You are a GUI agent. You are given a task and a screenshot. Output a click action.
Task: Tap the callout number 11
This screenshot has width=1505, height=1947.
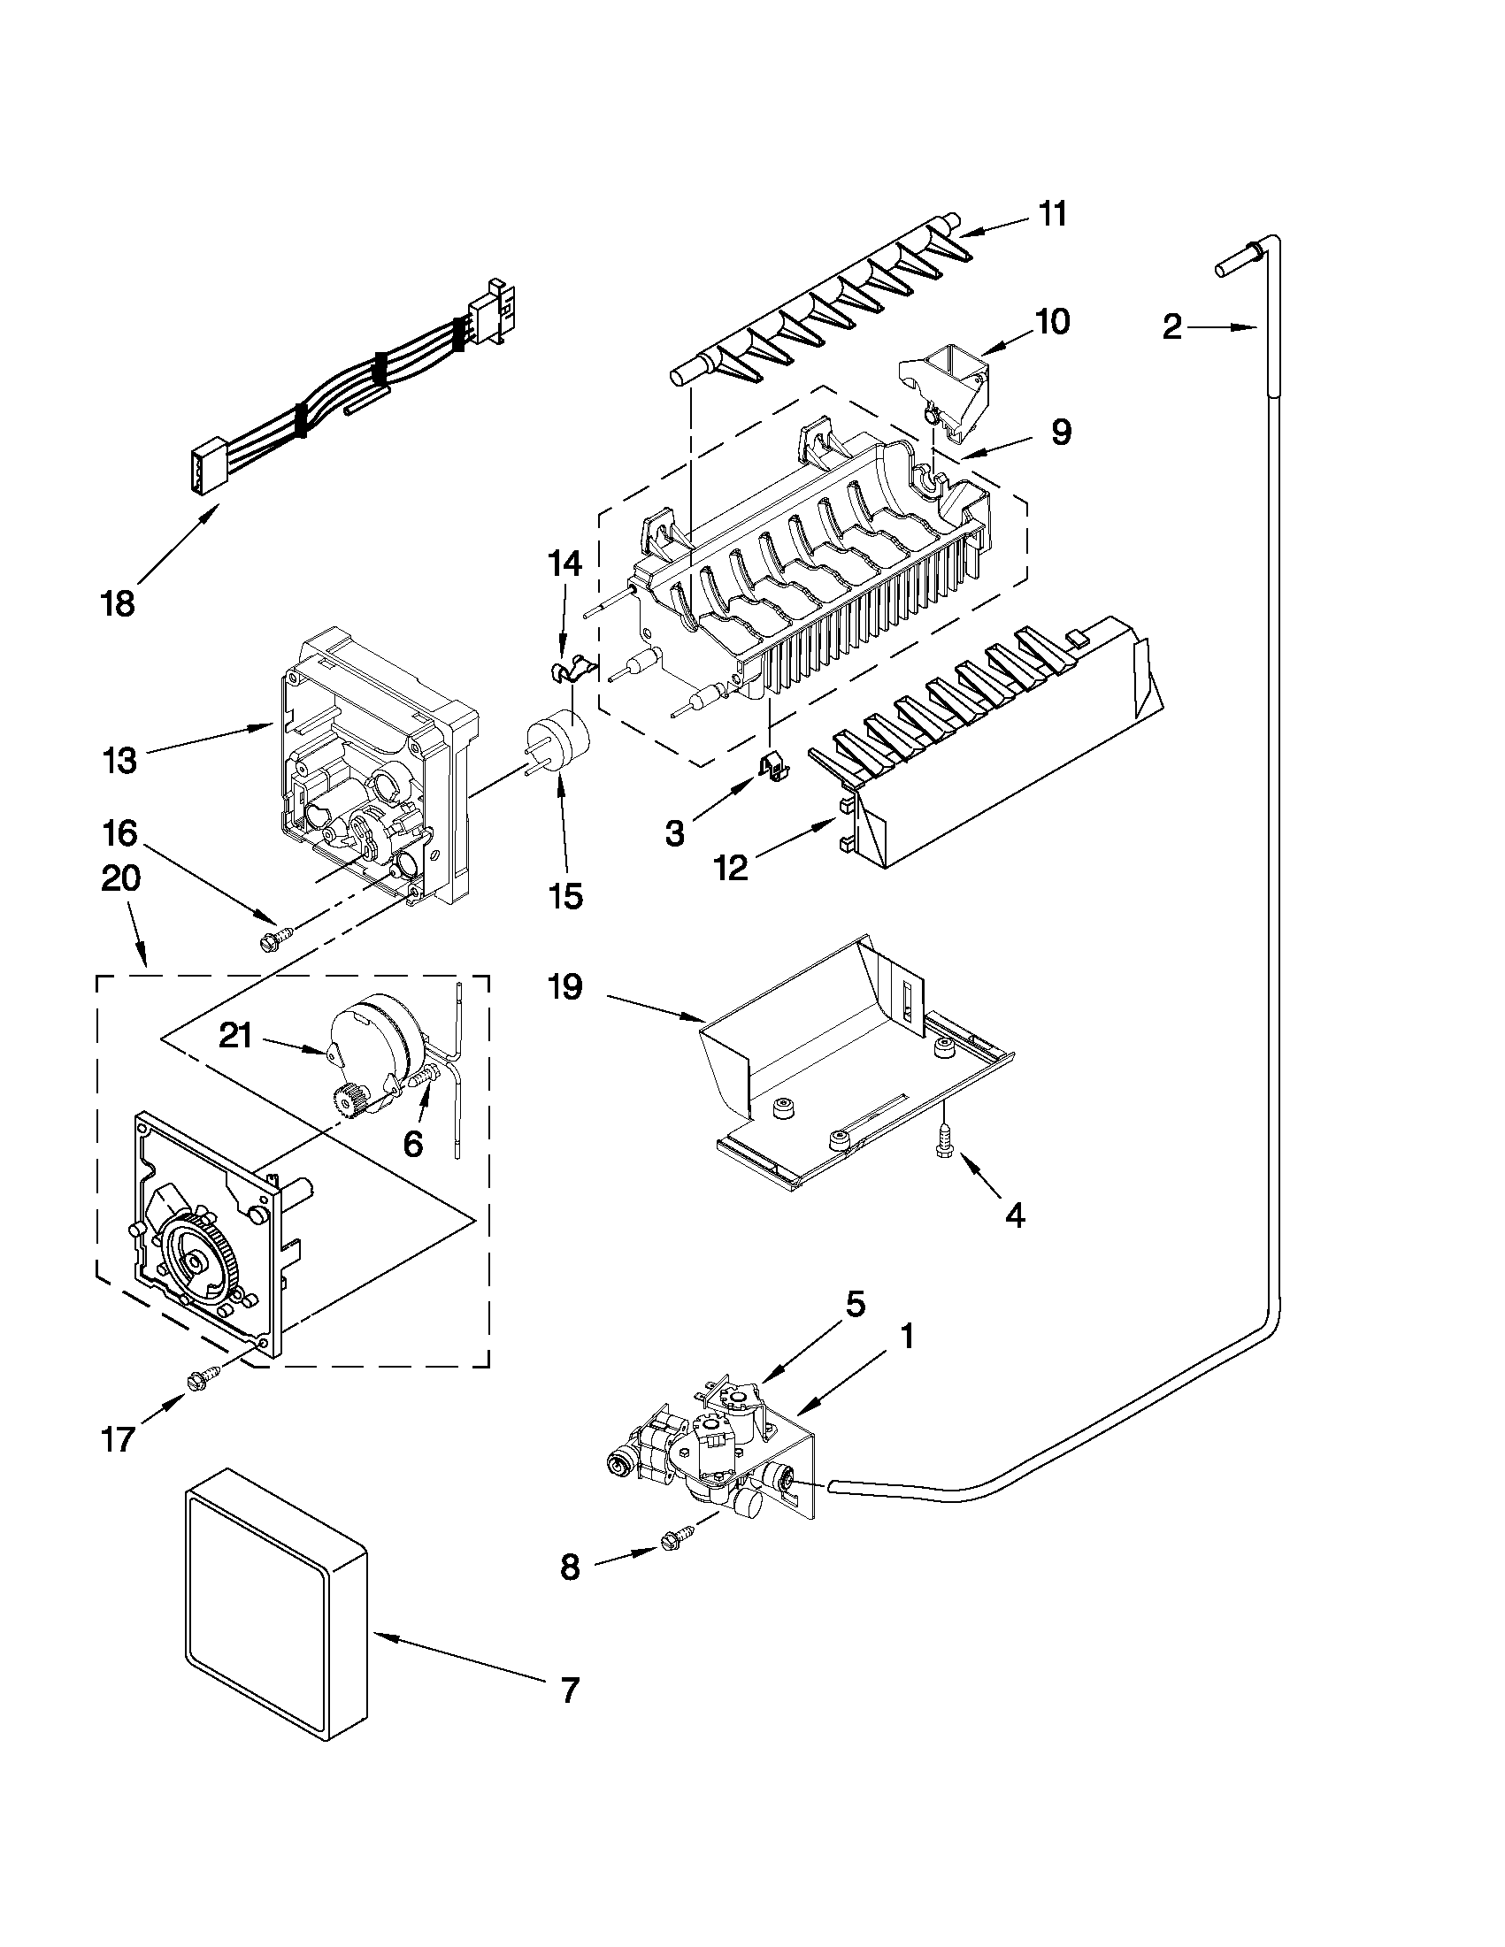1053,215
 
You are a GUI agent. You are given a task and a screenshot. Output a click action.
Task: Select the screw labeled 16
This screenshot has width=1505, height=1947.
273,939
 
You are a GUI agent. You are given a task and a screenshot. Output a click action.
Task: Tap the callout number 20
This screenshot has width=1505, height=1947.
121,880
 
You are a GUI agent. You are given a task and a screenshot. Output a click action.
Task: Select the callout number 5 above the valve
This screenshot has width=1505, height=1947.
854,1304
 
